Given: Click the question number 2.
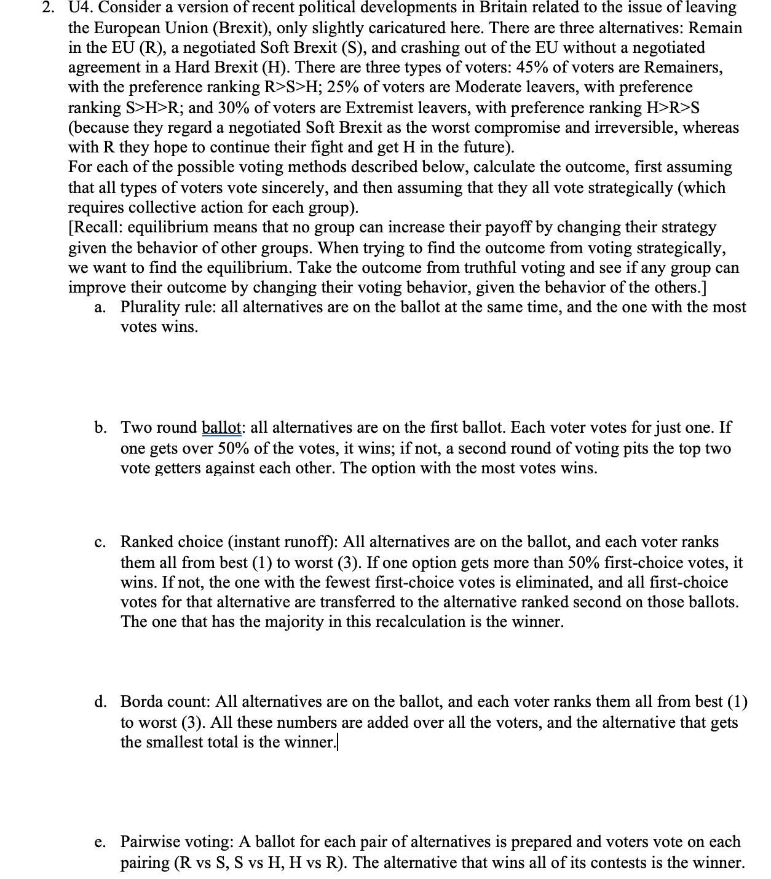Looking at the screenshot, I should [55, 8].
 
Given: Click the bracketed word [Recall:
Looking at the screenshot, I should [95, 227].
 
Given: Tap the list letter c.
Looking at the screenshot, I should [100, 543].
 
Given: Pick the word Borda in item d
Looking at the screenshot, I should [144, 702].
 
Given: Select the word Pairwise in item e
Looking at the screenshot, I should [150, 842].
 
